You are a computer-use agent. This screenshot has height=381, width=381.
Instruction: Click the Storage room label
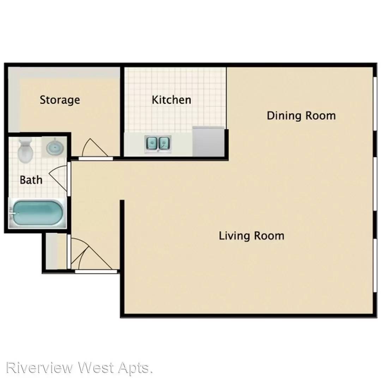tap(60, 100)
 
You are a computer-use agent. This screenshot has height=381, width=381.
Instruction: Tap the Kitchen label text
tap(171, 100)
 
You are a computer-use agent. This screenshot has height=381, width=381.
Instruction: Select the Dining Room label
tap(301, 116)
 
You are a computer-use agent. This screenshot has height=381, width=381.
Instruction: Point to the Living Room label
tap(252, 236)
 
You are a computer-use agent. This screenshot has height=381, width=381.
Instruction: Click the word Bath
tap(31, 180)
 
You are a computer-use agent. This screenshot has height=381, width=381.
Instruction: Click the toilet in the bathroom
tap(25, 150)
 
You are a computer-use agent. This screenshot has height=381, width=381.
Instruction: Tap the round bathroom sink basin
tap(55, 147)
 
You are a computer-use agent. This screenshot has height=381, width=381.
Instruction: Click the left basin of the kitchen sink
tap(152, 144)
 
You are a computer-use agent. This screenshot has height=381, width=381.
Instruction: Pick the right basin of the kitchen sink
tap(164, 144)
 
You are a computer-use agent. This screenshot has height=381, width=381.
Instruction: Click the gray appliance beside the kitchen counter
tap(208, 141)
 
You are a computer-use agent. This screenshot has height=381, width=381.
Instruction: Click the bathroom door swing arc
tap(58, 179)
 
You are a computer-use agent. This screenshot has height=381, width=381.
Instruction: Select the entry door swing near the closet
tap(92, 254)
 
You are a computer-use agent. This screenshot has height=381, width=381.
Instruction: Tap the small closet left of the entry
tap(56, 251)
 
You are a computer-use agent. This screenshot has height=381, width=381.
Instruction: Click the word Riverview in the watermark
tap(40, 368)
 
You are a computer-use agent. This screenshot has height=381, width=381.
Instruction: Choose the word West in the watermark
tap(96, 368)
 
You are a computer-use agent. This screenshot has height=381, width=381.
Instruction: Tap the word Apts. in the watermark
tap(135, 368)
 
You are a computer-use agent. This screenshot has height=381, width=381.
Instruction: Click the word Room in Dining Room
tap(321, 116)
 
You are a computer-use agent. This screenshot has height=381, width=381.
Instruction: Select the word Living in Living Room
tap(234, 236)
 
